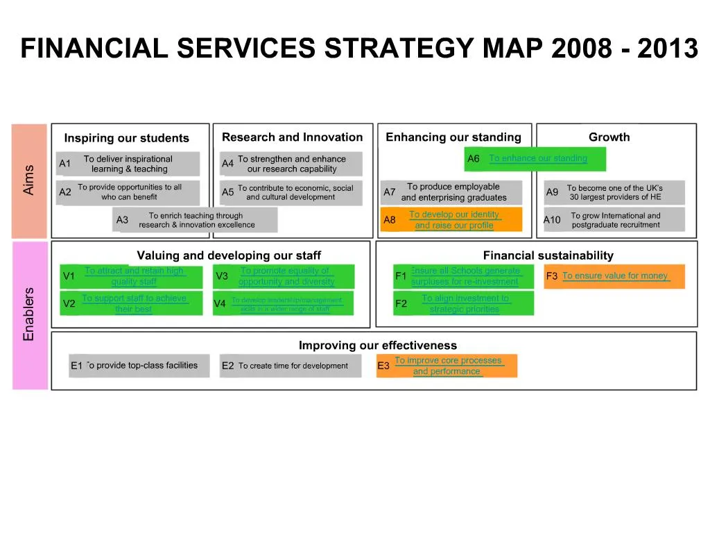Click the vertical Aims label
click(x=29, y=179)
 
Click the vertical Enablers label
click(x=29, y=314)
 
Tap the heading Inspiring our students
click(x=126, y=138)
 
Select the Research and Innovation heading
click(x=292, y=137)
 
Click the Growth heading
click(x=609, y=137)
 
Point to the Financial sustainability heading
click(x=548, y=255)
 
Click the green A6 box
click(x=536, y=159)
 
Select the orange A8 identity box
click(x=451, y=220)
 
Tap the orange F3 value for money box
click(x=614, y=276)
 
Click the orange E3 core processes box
click(x=447, y=366)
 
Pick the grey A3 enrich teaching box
click(x=195, y=220)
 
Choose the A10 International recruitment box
click(x=614, y=220)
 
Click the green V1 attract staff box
click(x=130, y=276)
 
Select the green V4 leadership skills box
click(x=283, y=304)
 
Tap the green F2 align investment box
click(x=463, y=304)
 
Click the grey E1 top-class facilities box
click(x=139, y=366)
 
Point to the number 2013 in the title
click(x=667, y=49)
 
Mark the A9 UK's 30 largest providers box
click(x=614, y=192)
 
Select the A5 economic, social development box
click(x=291, y=192)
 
